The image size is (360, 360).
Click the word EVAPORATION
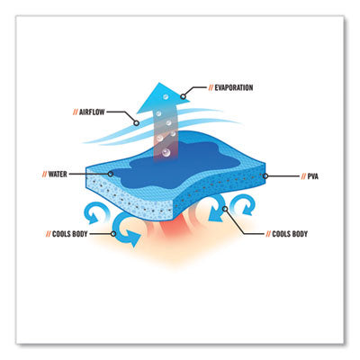click(234, 87)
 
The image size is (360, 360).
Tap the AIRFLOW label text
click(92, 112)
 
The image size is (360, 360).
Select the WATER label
click(58, 174)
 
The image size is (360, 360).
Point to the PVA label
click(312, 176)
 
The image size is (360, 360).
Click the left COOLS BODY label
click(69, 234)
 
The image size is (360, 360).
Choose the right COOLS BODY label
click(290, 234)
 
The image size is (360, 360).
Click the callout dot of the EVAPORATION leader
click(183, 96)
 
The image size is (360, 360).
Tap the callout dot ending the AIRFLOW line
click(136, 123)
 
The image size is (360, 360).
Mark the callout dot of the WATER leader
click(111, 174)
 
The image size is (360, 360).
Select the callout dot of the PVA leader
click(265, 176)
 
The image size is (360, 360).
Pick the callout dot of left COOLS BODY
click(113, 234)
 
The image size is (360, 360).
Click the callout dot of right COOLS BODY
click(225, 209)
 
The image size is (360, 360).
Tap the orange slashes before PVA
click(303, 176)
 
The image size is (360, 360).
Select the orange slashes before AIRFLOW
click(76, 112)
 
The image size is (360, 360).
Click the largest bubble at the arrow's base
click(166, 153)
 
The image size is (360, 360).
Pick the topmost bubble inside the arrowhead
click(165, 96)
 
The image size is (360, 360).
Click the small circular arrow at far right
click(245, 204)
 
